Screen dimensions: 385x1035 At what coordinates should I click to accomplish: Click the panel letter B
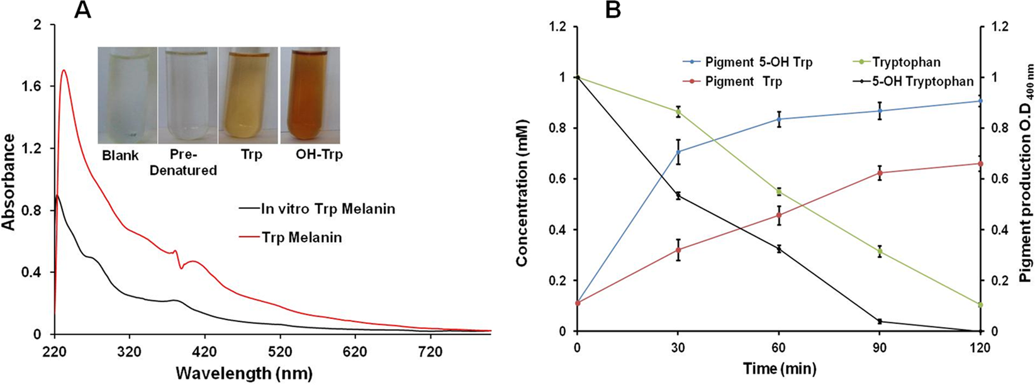tap(613, 11)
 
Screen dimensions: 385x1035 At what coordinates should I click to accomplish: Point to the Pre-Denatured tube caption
tap(184, 162)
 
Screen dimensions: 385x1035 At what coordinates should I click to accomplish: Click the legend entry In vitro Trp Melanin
tap(327, 209)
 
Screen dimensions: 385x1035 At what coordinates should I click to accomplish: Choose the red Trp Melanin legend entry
tap(301, 238)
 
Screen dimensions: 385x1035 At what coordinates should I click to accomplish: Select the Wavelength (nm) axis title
tap(243, 373)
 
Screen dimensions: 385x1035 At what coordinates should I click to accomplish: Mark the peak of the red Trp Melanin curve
tap(64, 70)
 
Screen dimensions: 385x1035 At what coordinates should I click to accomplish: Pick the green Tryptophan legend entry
tap(906, 62)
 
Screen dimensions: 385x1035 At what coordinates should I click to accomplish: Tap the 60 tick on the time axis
tap(778, 348)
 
